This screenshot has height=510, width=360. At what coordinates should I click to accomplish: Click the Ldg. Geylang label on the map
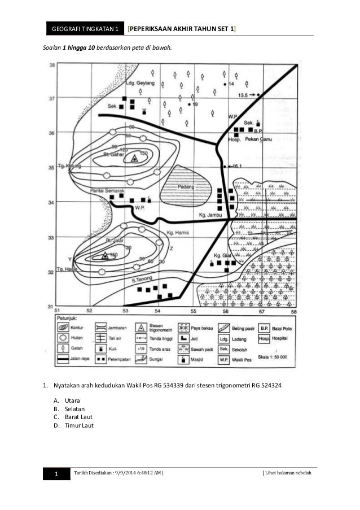click(138, 82)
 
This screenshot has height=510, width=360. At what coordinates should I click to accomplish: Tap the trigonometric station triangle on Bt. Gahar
click(134, 159)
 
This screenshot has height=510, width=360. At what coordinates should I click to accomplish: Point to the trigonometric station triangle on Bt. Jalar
click(104, 256)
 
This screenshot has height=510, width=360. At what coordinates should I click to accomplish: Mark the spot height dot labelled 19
click(188, 105)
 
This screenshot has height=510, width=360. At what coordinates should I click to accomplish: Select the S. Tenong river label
click(142, 279)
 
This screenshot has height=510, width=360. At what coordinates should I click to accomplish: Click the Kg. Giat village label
click(224, 256)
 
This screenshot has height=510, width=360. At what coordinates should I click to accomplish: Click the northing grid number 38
click(52, 66)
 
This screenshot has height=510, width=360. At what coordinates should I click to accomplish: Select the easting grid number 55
click(193, 311)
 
